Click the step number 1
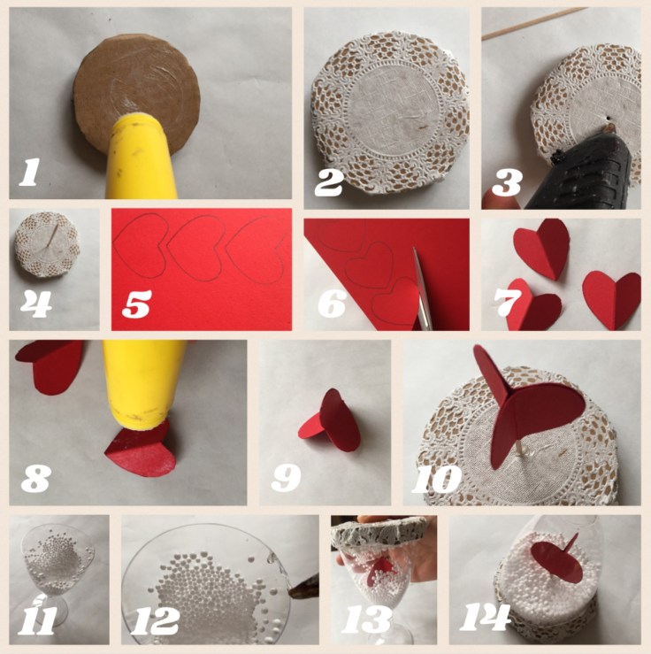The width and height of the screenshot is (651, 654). [29, 172]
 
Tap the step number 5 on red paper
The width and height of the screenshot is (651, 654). [137, 304]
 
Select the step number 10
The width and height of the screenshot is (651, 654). [436, 479]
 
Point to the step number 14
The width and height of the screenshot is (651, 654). [485, 617]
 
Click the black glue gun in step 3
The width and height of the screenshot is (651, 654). [584, 175]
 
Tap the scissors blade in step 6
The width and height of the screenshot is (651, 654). [423, 288]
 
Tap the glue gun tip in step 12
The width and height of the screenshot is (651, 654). [303, 589]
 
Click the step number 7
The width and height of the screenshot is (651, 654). [508, 304]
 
